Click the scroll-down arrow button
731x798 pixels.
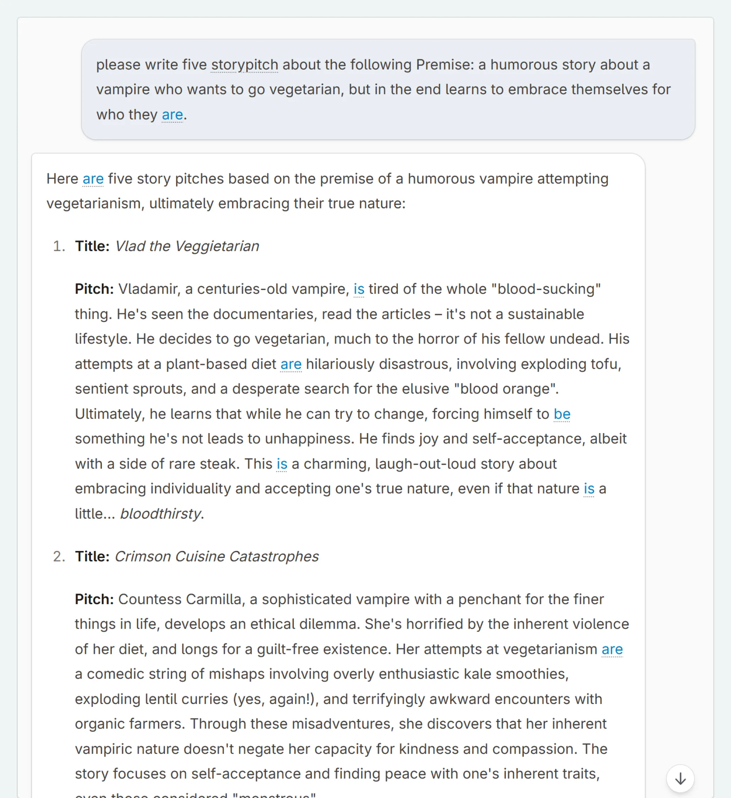[x=680, y=778]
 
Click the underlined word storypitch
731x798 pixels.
[x=244, y=65]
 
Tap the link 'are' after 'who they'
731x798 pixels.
[x=172, y=114]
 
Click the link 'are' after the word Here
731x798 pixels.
[x=93, y=179]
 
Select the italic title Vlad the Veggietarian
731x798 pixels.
[x=187, y=246]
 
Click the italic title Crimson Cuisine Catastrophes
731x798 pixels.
[x=216, y=556]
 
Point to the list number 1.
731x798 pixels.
[x=59, y=246]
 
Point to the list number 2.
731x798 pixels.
[x=59, y=556]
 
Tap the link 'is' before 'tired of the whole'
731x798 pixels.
[x=358, y=289]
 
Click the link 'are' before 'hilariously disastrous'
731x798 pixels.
[x=291, y=364]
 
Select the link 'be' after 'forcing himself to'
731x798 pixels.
[x=562, y=414]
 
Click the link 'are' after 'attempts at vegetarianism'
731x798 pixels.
[x=612, y=649]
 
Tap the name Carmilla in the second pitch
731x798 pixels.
[x=214, y=599]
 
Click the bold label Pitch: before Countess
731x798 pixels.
[x=94, y=599]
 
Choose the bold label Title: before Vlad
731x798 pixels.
[x=92, y=246]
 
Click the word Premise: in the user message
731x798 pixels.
[x=445, y=65]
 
